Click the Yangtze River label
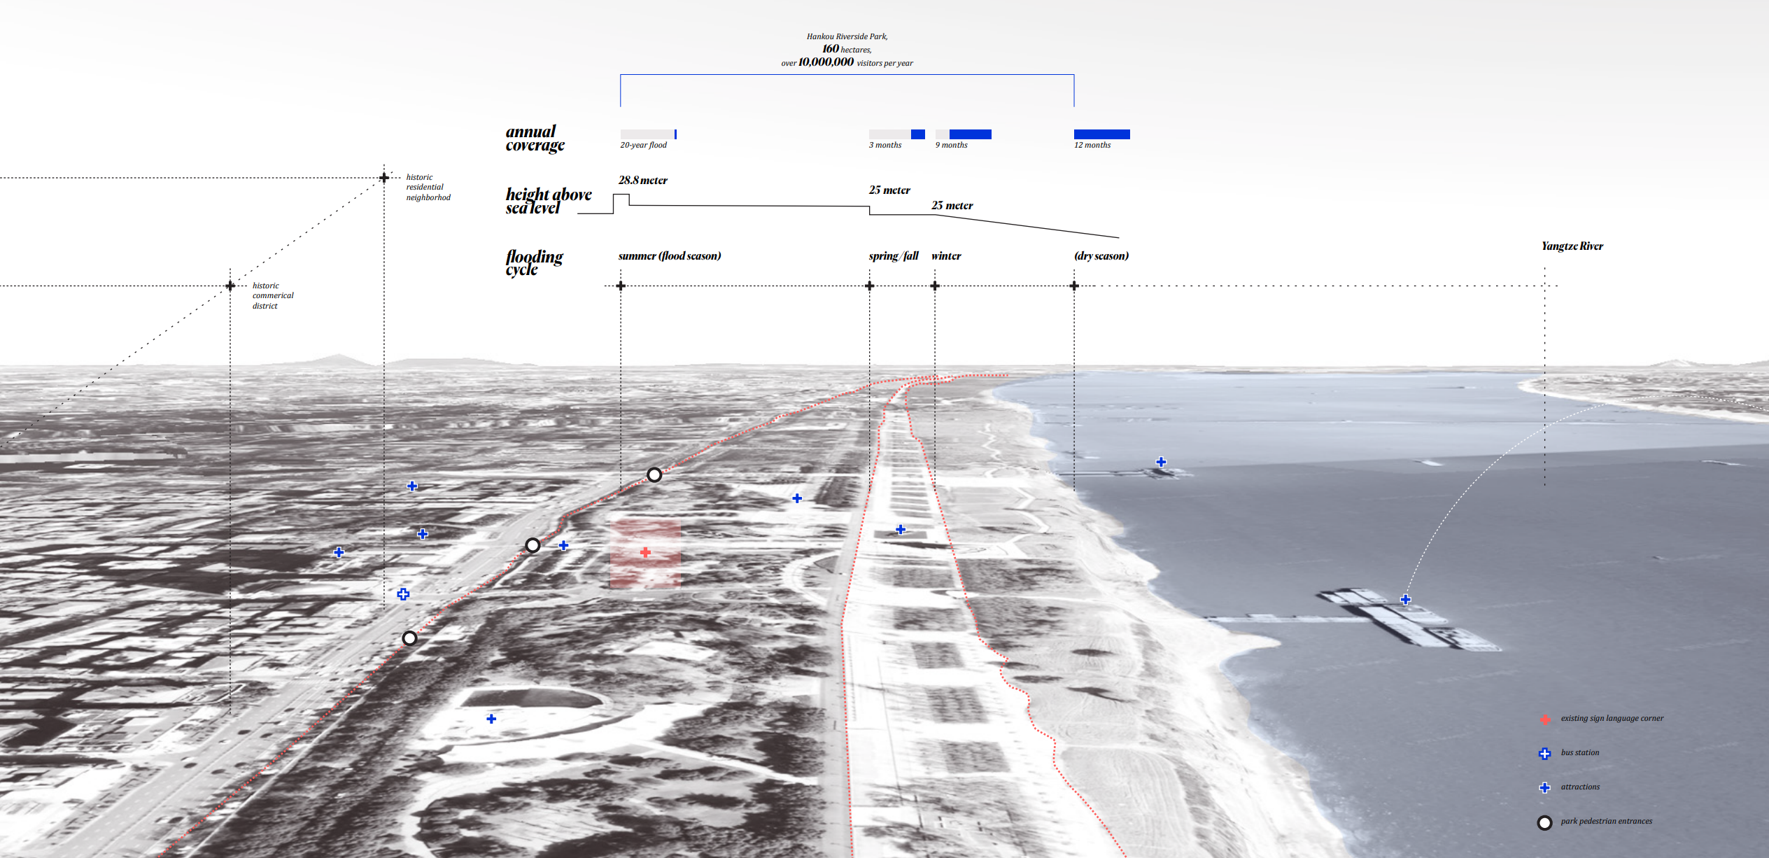tap(1572, 246)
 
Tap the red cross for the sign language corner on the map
tap(645, 552)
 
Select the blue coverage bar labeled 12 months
tap(1101, 134)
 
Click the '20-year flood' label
tap(643, 146)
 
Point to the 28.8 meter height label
tap(642, 181)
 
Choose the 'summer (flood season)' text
tap(669, 256)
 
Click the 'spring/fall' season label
tap(893, 256)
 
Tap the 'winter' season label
tap(946, 256)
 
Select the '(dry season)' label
tap(1101, 256)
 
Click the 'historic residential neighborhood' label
tap(428, 188)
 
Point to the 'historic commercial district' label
tap(272, 295)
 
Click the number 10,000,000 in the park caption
tap(826, 62)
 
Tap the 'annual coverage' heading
tap(534, 139)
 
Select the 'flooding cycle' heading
tap(533, 262)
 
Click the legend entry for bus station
tap(1579, 753)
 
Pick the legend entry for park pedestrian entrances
tap(1606, 822)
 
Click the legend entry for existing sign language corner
tap(1612, 719)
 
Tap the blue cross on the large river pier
tap(1405, 600)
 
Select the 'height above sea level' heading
tap(548, 201)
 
